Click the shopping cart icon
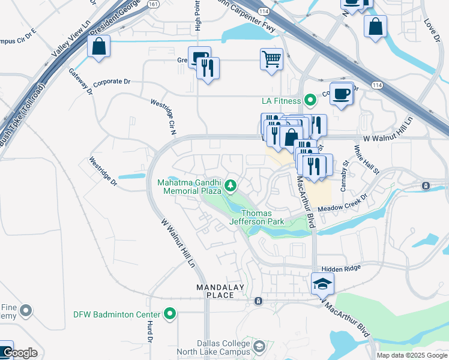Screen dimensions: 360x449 (x=271, y=59)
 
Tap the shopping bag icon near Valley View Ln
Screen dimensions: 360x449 (x=98, y=47)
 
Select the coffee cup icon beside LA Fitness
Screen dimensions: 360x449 (x=342, y=94)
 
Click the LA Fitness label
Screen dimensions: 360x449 (x=280, y=101)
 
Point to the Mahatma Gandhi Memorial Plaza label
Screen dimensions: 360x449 (x=190, y=187)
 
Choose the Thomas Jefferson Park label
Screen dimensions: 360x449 (x=256, y=217)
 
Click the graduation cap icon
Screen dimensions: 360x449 (x=322, y=284)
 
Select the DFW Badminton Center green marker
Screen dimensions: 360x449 (x=170, y=314)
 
